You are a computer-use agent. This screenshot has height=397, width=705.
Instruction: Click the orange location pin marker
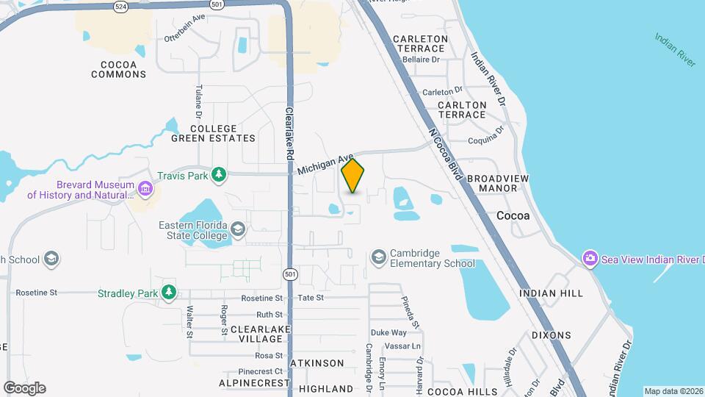pos(353,175)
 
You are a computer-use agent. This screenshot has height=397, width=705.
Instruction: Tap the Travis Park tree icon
pos(218,174)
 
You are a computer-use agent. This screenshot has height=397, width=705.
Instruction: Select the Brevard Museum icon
pos(145,190)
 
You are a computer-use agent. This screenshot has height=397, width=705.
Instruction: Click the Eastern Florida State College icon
pos(238,229)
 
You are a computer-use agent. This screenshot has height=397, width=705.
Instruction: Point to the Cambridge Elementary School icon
pos(378,257)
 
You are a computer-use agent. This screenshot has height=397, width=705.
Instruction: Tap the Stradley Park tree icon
pos(170,293)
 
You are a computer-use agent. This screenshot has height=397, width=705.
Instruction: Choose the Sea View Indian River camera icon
pos(590,258)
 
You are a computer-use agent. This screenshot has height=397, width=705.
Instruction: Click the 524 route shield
pos(120,6)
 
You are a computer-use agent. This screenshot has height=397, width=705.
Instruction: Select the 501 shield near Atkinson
pos(291,274)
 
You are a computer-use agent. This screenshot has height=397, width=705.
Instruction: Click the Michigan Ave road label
pos(326,163)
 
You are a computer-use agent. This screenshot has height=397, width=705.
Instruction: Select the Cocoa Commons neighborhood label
pos(118,68)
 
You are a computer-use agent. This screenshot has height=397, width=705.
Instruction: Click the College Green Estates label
pos(213,133)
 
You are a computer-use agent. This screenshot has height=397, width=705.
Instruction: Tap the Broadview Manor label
pos(492,183)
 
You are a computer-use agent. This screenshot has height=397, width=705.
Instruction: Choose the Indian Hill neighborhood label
pos(551,293)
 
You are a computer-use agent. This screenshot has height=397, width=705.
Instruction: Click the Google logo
pos(24,387)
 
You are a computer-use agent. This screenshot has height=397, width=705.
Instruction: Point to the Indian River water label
pos(675,49)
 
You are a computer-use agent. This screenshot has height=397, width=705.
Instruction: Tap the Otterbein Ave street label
pos(184,29)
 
